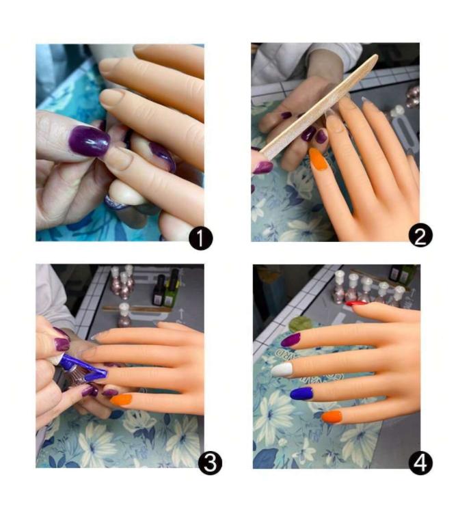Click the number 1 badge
point(200,239)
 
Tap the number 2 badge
point(420,235)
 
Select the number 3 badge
point(210,463)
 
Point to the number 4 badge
point(420,463)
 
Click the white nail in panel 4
point(282,369)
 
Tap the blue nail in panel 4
point(301,394)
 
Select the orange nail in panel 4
point(332,417)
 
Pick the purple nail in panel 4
point(291,339)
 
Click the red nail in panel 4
point(356,303)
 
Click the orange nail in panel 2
point(319,159)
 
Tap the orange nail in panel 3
point(121,400)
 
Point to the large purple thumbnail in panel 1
point(89,141)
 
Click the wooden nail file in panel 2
point(318,108)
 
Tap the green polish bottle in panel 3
point(172,288)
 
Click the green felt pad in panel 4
point(300,324)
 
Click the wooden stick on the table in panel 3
point(137,309)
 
